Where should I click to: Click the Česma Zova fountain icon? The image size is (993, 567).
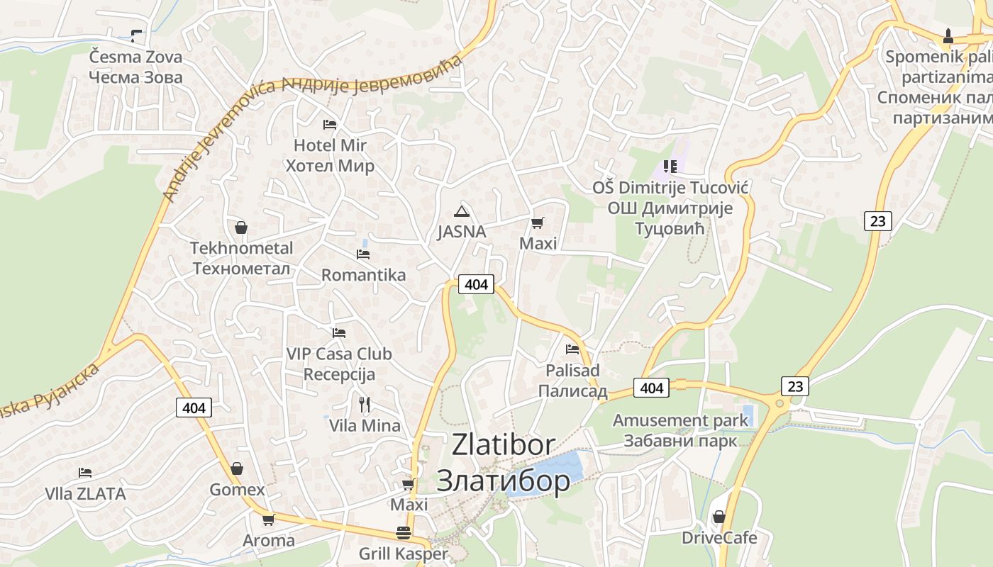tap(136, 35)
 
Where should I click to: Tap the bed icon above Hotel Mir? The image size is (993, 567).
tap(330, 125)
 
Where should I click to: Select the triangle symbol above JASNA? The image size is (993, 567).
tap(462, 211)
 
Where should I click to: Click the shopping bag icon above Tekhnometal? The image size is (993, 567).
tap(241, 228)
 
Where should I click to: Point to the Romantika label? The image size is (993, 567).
tap(363, 275)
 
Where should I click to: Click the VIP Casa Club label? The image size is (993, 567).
tap(339, 354)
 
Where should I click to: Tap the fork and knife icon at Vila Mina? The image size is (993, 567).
tap(365, 405)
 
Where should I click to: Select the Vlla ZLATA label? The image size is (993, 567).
tap(85, 494)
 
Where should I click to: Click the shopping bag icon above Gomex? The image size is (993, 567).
tap(237, 469)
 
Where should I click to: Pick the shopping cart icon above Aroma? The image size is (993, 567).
tap(268, 520)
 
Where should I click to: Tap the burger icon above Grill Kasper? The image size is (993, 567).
tap(404, 533)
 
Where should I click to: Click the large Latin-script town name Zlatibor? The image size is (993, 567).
tap(504, 444)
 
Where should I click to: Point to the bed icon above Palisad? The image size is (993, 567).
tap(572, 349)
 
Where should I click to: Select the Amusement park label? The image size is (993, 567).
tap(680, 420)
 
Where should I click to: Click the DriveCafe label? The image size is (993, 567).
tap(719, 538)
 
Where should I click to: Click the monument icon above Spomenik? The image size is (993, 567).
tap(948, 35)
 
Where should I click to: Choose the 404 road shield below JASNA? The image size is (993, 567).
tap(476, 284)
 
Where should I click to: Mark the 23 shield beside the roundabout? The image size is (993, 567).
tap(795, 386)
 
